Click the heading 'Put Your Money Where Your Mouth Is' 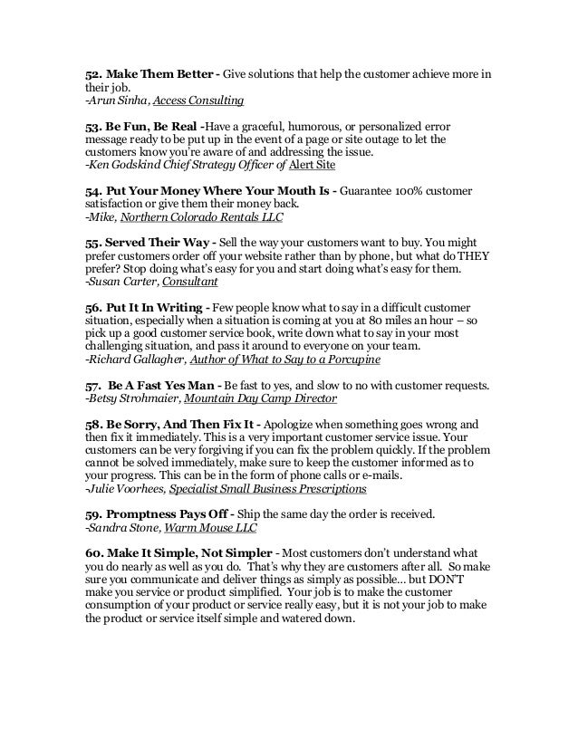point(208,192)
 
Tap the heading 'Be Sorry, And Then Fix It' point(175,423)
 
